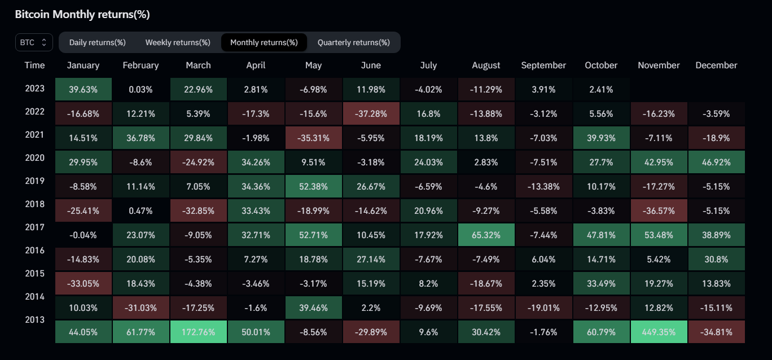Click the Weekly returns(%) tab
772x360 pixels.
[178, 42]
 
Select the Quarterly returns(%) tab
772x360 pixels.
[353, 42]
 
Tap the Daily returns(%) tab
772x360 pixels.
[97, 42]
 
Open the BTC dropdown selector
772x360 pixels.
[34, 42]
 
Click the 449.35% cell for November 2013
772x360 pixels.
[659, 332]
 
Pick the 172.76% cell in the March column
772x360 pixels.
[198, 332]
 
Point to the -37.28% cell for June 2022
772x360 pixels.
[371, 113]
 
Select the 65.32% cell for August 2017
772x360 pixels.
[486, 235]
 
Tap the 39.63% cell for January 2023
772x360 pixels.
[83, 89]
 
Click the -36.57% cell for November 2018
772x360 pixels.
[659, 210]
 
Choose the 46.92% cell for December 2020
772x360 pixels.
[716, 162]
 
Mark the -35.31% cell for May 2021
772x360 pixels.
[313, 138]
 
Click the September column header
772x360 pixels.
[543, 65]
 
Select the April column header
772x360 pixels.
[256, 65]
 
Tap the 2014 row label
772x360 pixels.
[34, 296]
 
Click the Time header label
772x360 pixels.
[34, 65]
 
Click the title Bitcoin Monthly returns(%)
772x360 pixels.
[82, 15]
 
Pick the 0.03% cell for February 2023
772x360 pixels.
[141, 89]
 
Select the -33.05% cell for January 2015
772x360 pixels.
[83, 283]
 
